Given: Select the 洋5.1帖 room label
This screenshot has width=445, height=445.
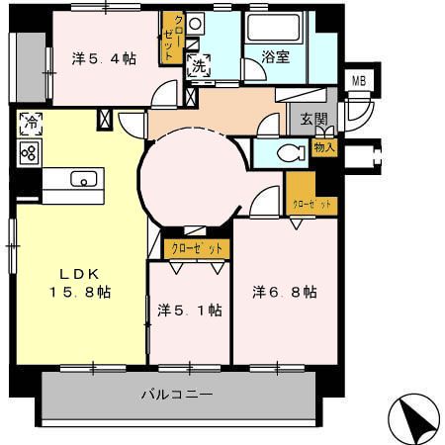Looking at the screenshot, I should pyautogui.click(x=189, y=310).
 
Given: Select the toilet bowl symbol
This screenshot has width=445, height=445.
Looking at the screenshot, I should pyautogui.click(x=290, y=153).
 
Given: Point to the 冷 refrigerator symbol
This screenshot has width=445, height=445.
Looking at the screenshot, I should pyautogui.click(x=30, y=126).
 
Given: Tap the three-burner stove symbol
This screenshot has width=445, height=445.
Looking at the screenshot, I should pyautogui.click(x=30, y=152).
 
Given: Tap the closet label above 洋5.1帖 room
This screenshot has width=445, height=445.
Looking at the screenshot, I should pyautogui.click(x=197, y=247).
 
